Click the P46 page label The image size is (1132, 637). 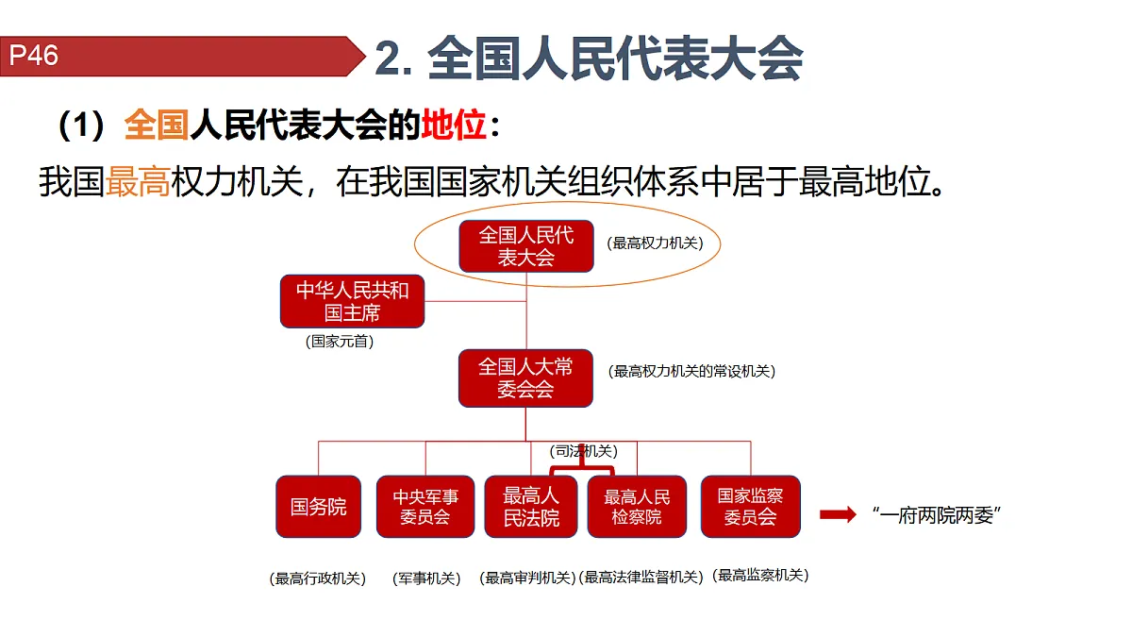(33, 55)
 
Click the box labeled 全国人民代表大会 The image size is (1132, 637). (526, 246)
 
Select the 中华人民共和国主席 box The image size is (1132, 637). (352, 301)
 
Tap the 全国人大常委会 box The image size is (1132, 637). (525, 378)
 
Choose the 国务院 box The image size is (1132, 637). (319, 507)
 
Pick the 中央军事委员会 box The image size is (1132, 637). (425, 507)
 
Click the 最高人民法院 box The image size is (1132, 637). (531, 507)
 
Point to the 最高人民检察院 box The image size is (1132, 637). (637, 507)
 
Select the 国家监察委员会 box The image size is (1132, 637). (751, 507)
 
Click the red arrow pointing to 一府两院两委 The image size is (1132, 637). (838, 514)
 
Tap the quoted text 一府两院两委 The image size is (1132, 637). (937, 515)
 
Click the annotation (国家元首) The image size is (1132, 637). (340, 342)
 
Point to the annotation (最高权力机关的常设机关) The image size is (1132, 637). (691, 372)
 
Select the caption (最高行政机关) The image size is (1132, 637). (317, 578)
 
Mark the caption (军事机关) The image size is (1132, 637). (426, 578)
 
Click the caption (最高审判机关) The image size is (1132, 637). (527, 578)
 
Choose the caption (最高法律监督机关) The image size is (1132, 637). (641, 577)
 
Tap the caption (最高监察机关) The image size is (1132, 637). (760, 576)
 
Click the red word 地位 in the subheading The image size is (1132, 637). (454, 125)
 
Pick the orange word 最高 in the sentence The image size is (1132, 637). (138, 181)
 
